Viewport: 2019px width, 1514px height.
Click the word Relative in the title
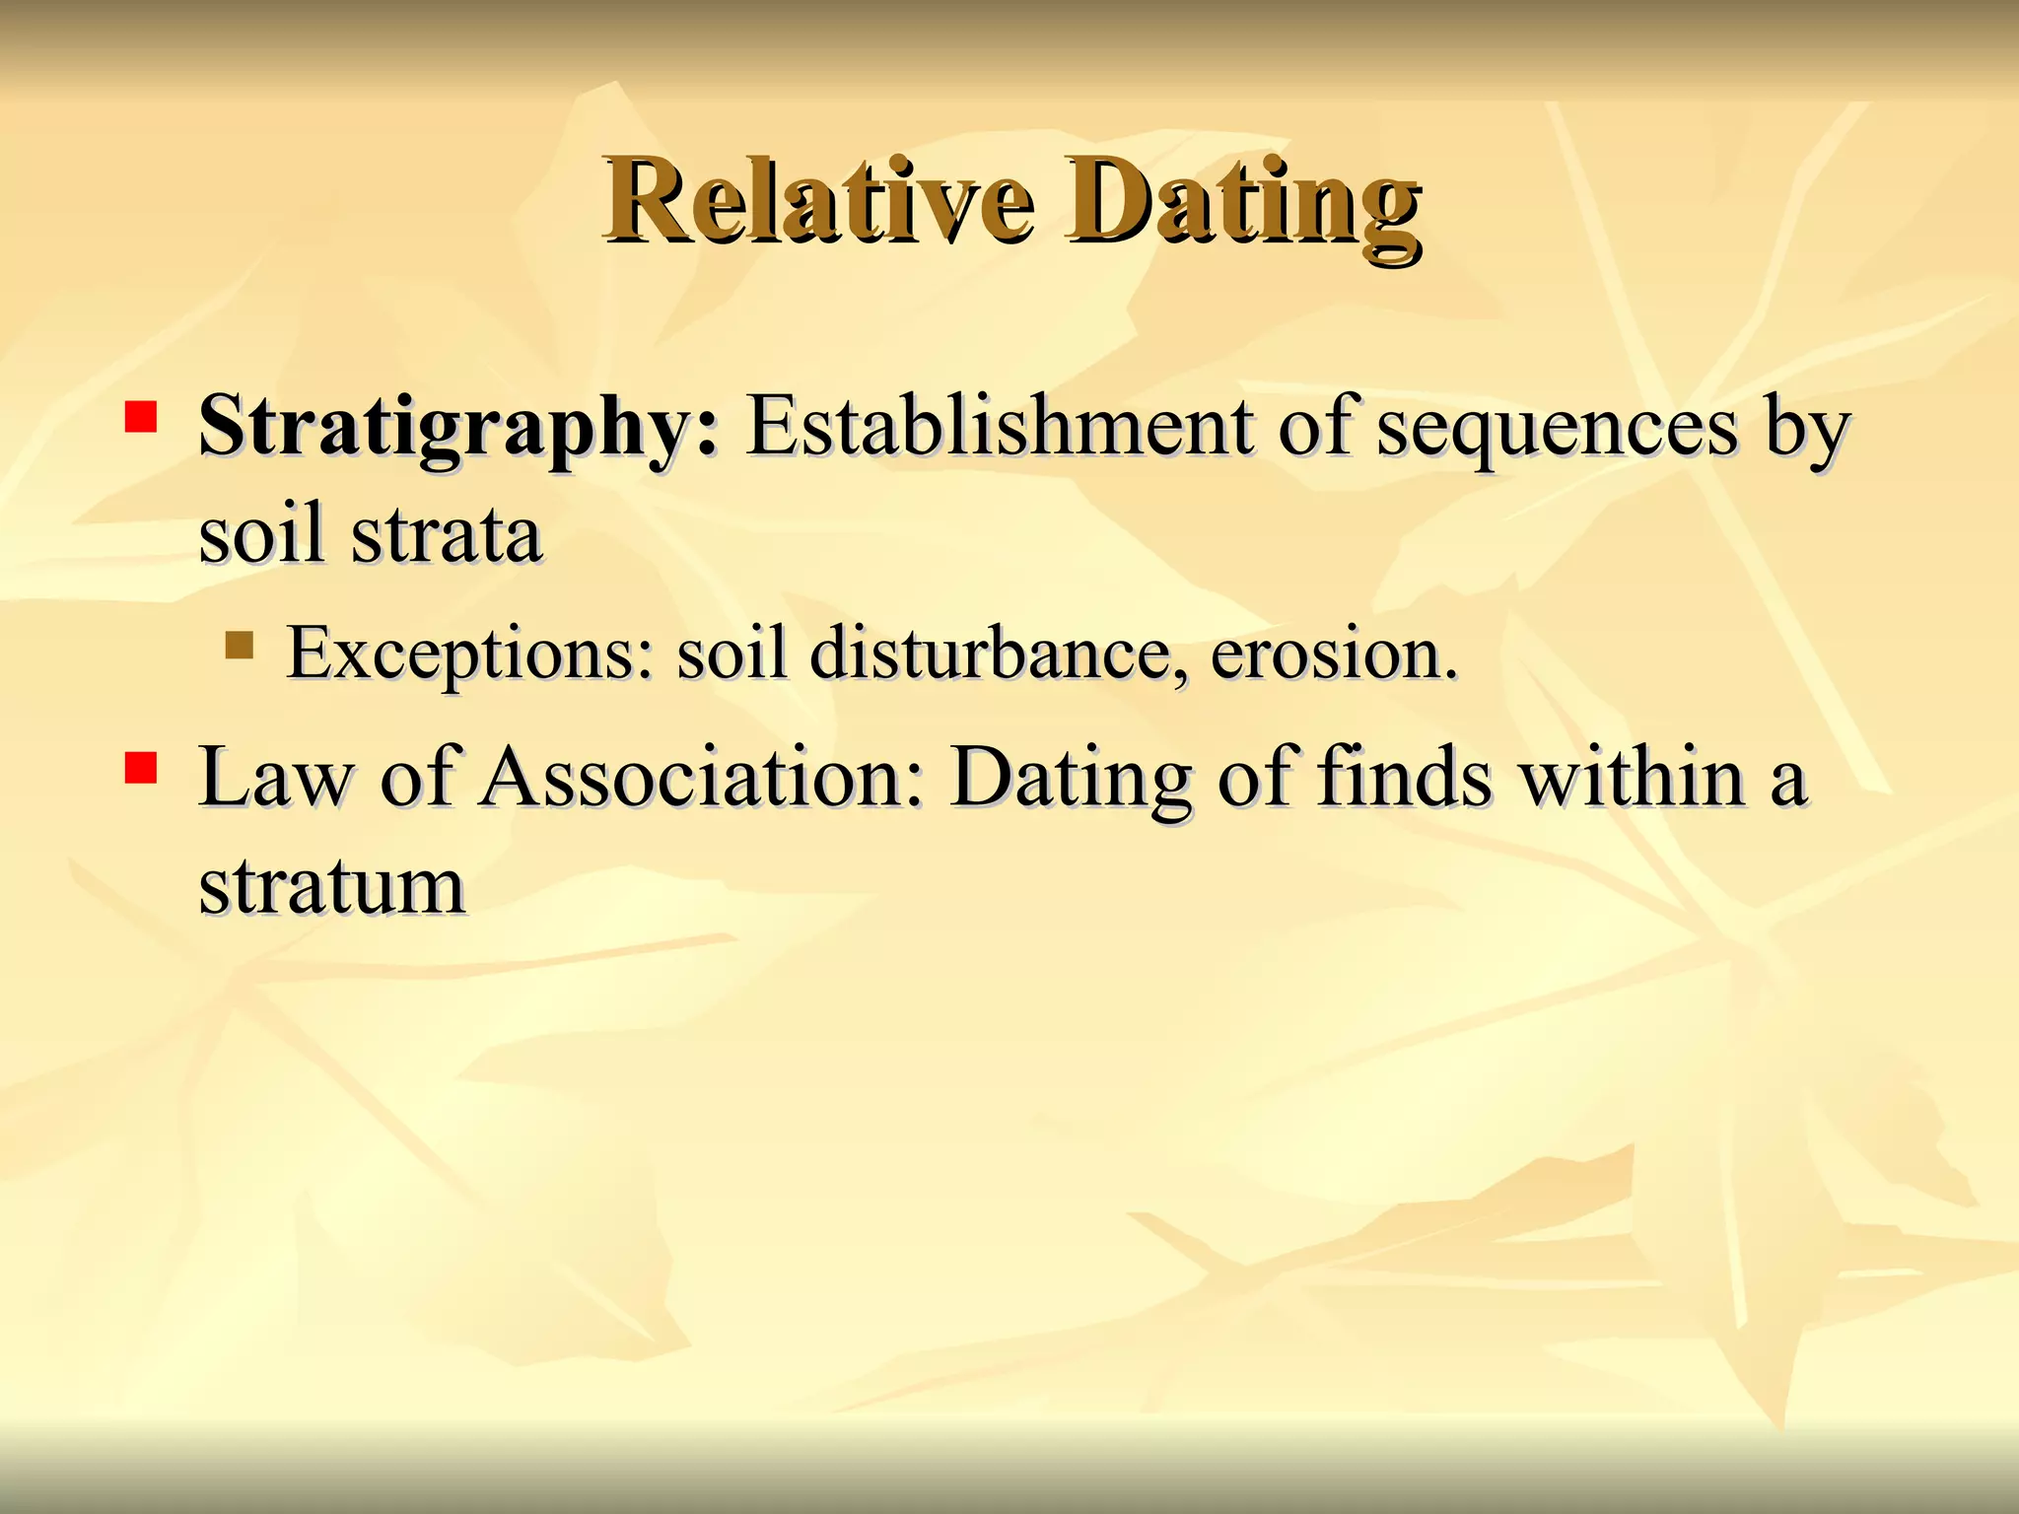pyautogui.click(x=820, y=202)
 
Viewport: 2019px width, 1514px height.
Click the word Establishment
pyautogui.click(x=999, y=427)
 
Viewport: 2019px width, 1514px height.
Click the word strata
pyautogui.click(x=446, y=534)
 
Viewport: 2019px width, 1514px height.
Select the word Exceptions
pyautogui.click(x=468, y=654)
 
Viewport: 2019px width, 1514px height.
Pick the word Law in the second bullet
pyautogui.click(x=275, y=778)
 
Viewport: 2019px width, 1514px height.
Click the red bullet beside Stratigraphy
pyautogui.click(x=141, y=417)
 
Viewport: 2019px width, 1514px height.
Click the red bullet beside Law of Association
pyautogui.click(x=141, y=767)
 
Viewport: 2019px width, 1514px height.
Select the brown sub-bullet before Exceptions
pyautogui.click(x=239, y=646)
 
